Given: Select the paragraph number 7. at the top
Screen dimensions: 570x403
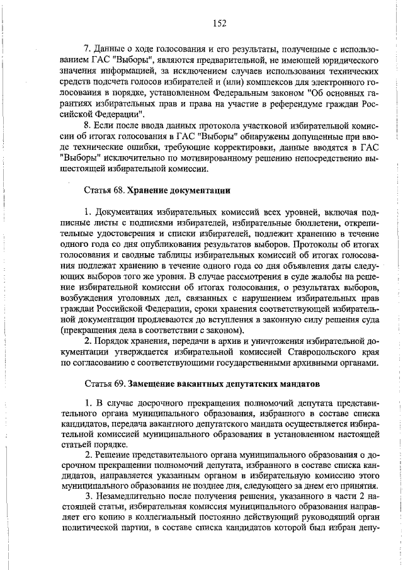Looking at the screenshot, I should tap(88, 49).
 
